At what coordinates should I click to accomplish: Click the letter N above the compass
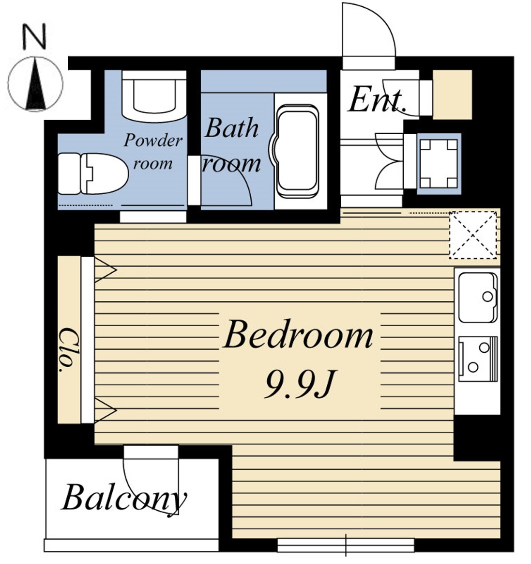(x=34, y=36)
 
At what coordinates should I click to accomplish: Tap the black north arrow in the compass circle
(x=36, y=85)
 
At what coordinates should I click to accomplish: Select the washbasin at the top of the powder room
(x=154, y=95)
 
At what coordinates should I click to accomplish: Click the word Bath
(x=232, y=128)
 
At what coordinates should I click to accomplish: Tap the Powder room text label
(x=153, y=152)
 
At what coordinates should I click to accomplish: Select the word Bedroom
(x=298, y=334)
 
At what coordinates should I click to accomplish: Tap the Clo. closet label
(x=67, y=349)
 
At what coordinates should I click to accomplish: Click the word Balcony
(x=124, y=499)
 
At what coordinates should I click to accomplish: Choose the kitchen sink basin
(x=477, y=298)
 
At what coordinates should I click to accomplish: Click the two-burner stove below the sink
(x=478, y=359)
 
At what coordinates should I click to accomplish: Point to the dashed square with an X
(x=473, y=235)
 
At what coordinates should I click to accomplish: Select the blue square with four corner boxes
(x=439, y=164)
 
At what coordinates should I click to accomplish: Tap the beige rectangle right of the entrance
(x=452, y=94)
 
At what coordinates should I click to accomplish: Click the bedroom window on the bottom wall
(x=346, y=545)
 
